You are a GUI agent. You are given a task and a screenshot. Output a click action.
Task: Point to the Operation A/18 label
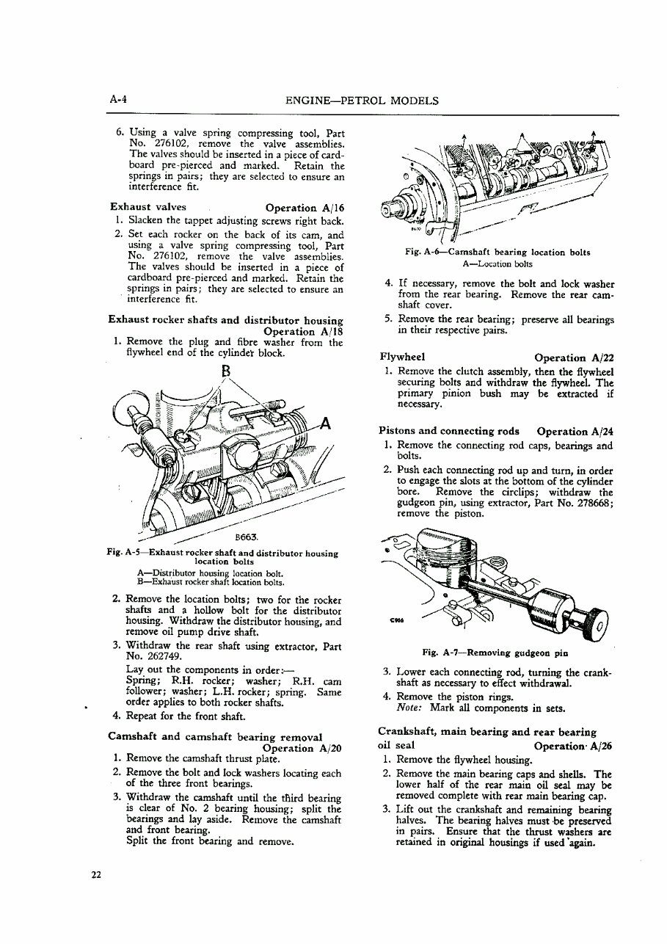coord(304,331)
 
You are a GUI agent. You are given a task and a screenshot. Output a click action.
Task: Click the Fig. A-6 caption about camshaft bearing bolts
coord(497,252)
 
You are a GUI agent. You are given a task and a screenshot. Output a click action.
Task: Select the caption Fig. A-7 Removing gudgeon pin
coord(495,652)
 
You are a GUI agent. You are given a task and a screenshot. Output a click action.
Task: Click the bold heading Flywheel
coord(402,357)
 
